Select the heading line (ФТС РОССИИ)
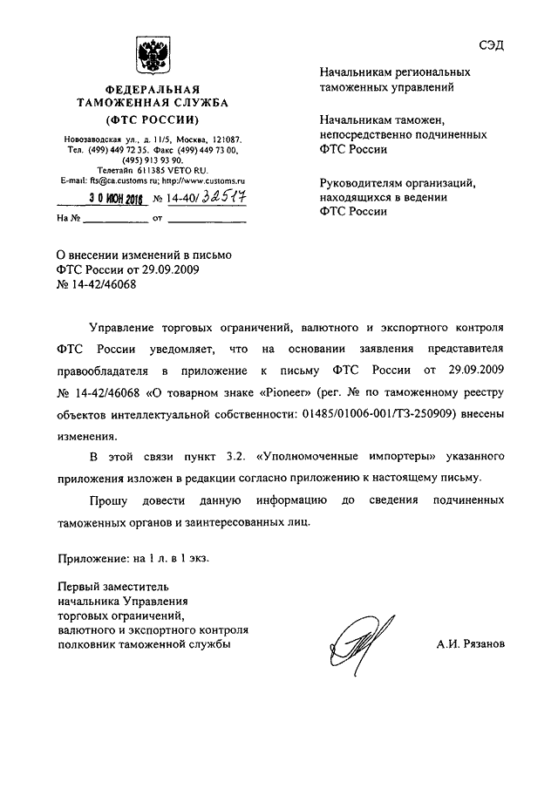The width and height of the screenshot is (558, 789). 153,118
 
